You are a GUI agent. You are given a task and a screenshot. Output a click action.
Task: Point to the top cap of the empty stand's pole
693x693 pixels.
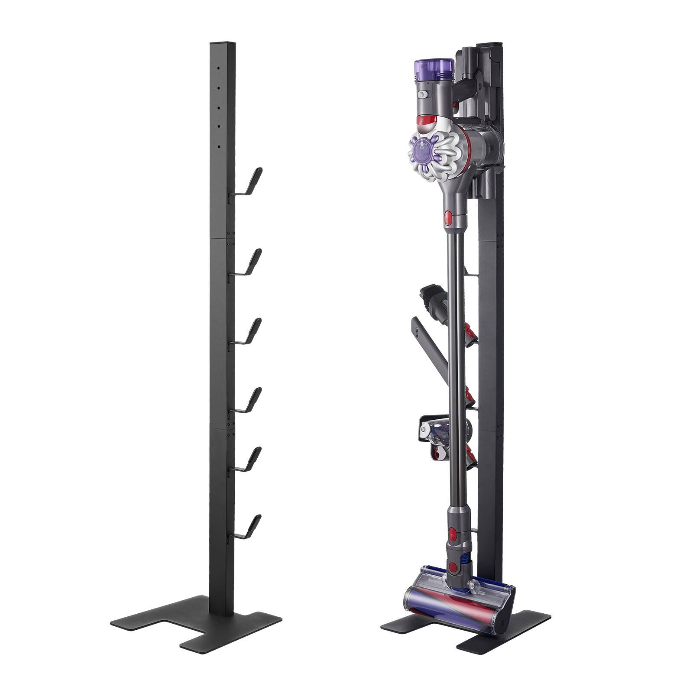(x=222, y=45)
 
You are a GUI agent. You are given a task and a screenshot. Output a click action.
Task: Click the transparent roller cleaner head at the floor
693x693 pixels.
(x=459, y=598)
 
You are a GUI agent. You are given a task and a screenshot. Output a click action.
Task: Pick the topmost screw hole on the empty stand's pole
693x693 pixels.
(x=219, y=68)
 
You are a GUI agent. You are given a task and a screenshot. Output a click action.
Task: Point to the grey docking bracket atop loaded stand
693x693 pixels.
(x=476, y=69)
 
